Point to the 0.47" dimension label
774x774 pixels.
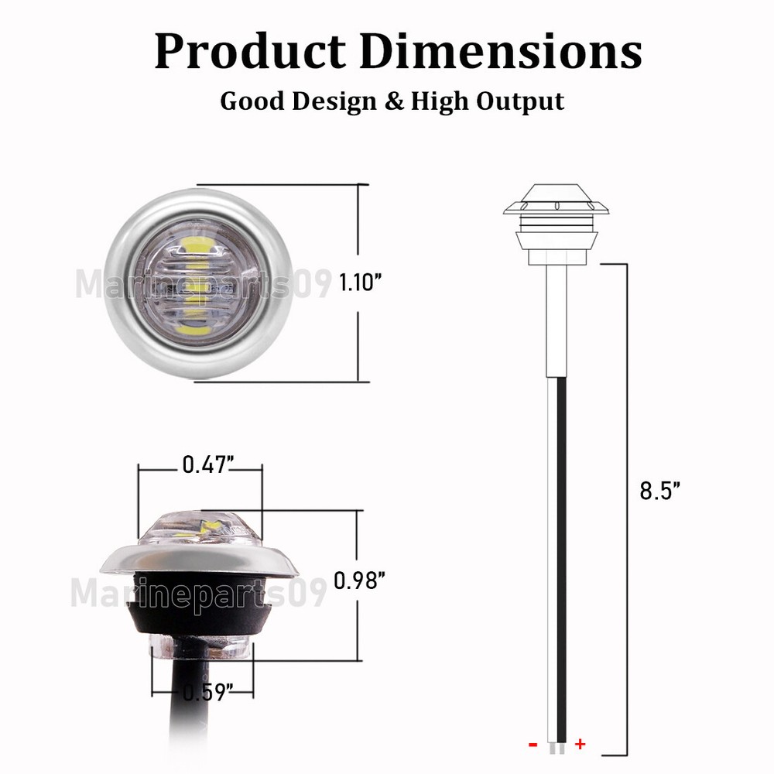(208, 464)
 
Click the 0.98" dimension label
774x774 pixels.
(359, 580)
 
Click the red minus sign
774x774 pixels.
(533, 745)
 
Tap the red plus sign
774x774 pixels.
(580, 745)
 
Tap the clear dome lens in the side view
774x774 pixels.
(200, 529)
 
